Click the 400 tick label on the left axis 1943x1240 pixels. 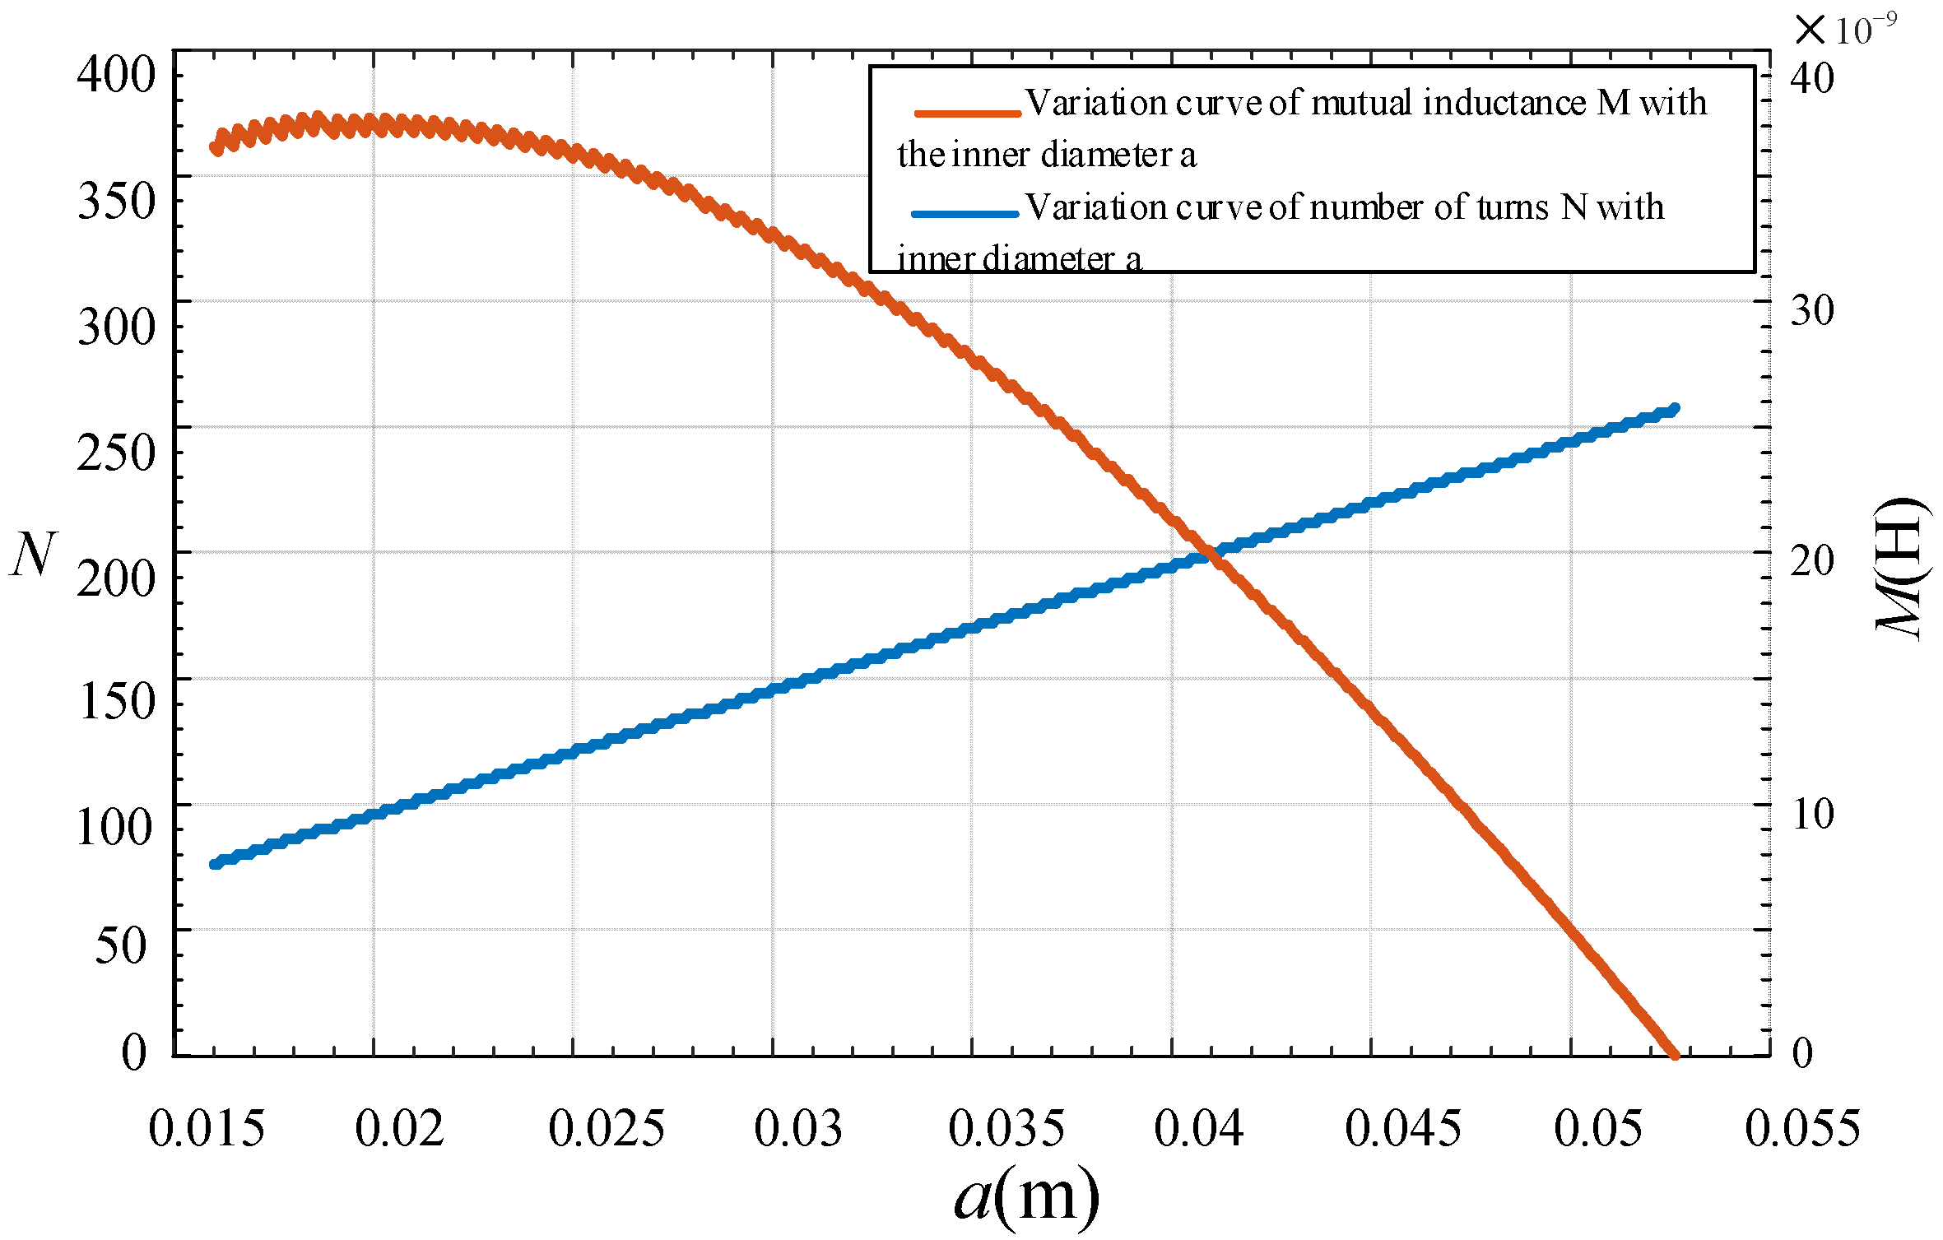[x=116, y=76]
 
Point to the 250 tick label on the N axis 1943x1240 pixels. [x=116, y=453]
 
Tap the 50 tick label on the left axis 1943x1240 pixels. [x=121, y=945]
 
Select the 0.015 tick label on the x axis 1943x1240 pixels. [x=207, y=1129]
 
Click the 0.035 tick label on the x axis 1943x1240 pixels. [x=1006, y=1129]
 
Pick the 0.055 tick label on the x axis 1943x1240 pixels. [x=1801, y=1129]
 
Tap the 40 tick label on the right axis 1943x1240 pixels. [x=1812, y=79]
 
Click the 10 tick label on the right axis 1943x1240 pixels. [x=1812, y=815]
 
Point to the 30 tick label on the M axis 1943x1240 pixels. [x=1812, y=312]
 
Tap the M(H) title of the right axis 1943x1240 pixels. [x=1902, y=568]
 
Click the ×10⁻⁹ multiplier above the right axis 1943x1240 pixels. [x=1845, y=30]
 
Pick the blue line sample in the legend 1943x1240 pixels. [x=965, y=215]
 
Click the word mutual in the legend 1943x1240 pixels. [x=1362, y=104]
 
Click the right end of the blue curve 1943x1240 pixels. [x=1674, y=409]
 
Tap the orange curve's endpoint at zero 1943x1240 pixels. [x=1674, y=1054]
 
